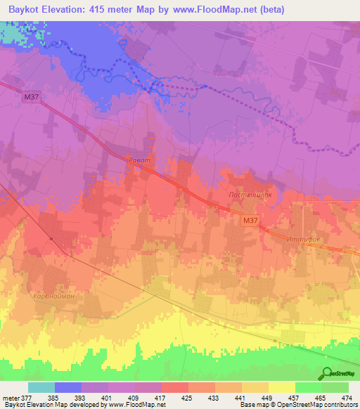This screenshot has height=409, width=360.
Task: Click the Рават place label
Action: (x=139, y=160)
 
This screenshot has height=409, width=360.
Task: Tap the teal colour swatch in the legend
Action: (x=41, y=387)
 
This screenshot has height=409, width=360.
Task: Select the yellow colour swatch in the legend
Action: (x=282, y=387)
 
